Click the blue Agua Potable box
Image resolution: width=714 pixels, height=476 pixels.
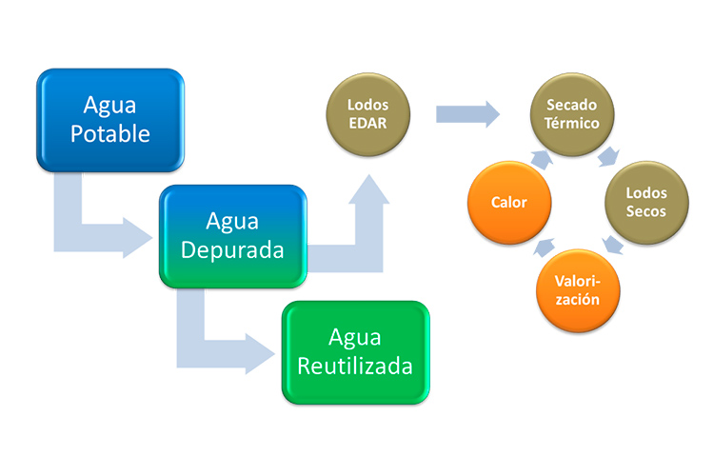coord(109,119)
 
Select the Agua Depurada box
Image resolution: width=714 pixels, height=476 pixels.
coord(233,236)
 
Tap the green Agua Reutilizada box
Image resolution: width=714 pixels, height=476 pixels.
coord(354,351)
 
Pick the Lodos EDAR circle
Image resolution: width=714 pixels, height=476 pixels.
coord(367,115)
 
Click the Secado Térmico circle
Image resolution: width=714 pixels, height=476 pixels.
coord(572,115)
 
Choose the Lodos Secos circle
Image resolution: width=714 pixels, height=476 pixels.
coord(645,202)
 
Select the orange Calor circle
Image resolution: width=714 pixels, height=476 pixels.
coord(508,202)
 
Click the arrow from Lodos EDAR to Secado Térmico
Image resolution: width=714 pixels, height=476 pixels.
coord(467,115)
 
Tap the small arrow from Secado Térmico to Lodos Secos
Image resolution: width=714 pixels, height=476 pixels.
coord(606,155)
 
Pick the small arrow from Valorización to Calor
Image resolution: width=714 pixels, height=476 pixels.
coord(541,250)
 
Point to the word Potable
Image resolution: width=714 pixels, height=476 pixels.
coord(110,133)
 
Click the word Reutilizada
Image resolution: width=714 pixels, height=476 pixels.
coord(355,366)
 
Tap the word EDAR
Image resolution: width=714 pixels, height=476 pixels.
coord(367,124)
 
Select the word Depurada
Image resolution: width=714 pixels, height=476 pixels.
coord(233,251)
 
